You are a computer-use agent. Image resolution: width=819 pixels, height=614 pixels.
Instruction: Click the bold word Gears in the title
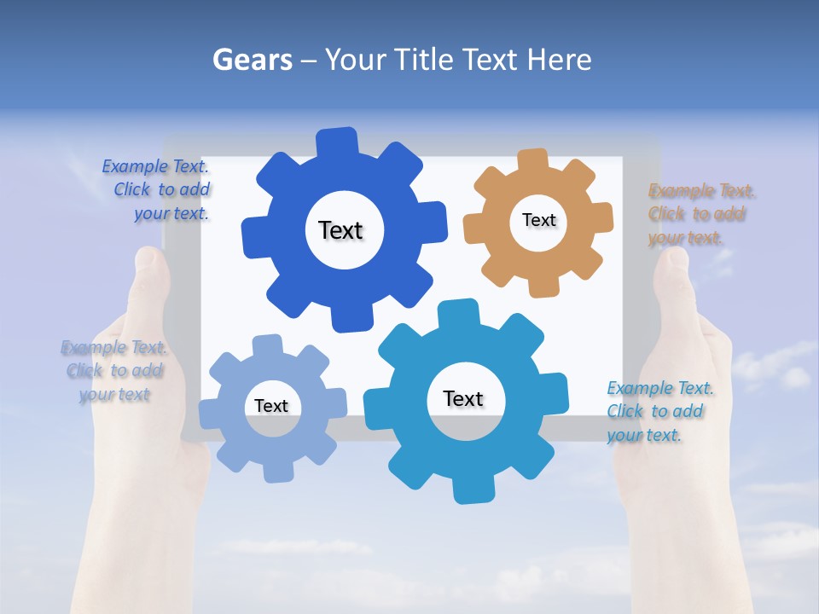[x=252, y=60]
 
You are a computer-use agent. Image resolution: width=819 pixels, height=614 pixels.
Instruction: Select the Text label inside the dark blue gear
[x=340, y=230]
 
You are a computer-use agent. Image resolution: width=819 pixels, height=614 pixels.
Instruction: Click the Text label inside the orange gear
[x=538, y=220]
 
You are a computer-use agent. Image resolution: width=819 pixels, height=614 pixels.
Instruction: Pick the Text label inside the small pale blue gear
[x=271, y=406]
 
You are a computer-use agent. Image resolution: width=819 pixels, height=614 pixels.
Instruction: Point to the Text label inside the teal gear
[x=463, y=398]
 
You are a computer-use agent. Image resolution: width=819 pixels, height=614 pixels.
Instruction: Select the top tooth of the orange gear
[x=533, y=160]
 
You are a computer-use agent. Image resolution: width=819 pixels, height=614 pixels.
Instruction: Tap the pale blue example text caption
[x=114, y=371]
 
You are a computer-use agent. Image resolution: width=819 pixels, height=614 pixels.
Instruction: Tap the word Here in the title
[x=560, y=60]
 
